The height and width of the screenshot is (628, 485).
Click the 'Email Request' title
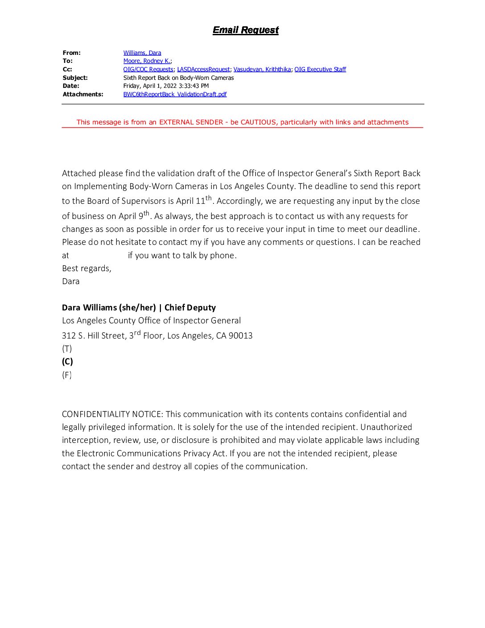246,30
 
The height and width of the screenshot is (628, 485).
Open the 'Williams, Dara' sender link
142,53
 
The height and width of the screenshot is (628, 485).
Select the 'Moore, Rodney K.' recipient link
147,61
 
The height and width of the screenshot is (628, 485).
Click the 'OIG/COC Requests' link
148,69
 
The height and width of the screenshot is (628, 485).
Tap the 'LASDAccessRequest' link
203,69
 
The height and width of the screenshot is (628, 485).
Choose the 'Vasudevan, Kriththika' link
262,69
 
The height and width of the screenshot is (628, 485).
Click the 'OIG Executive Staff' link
320,69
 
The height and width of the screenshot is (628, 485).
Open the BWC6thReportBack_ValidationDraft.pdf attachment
175,94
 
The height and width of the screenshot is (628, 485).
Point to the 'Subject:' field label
75,78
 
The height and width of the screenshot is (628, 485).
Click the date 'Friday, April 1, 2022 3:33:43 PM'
166,86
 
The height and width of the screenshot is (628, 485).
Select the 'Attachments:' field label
83,94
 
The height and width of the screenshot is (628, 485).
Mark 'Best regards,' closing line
86,269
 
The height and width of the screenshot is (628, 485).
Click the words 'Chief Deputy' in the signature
190,308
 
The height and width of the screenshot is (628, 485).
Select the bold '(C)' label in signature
67,362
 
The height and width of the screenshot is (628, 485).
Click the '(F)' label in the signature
67,375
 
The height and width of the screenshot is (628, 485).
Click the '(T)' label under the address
67,349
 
